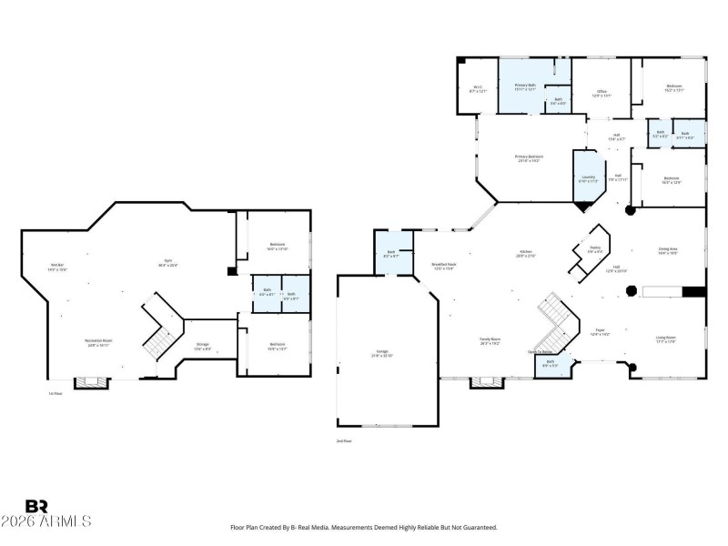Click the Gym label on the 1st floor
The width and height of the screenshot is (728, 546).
[167, 263]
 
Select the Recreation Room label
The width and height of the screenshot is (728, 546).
[99, 342]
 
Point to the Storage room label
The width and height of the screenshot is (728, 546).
[202, 345]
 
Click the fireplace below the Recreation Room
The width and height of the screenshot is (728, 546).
[90, 383]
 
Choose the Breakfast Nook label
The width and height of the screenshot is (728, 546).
[444, 266]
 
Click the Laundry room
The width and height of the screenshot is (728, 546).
[589, 178]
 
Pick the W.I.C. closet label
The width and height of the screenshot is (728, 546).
[478, 89]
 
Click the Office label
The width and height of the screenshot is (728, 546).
[602, 92]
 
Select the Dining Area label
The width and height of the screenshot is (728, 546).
[668, 250]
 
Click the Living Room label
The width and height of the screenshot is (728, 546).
[666, 339]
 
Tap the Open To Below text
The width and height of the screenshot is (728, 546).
[541, 351]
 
